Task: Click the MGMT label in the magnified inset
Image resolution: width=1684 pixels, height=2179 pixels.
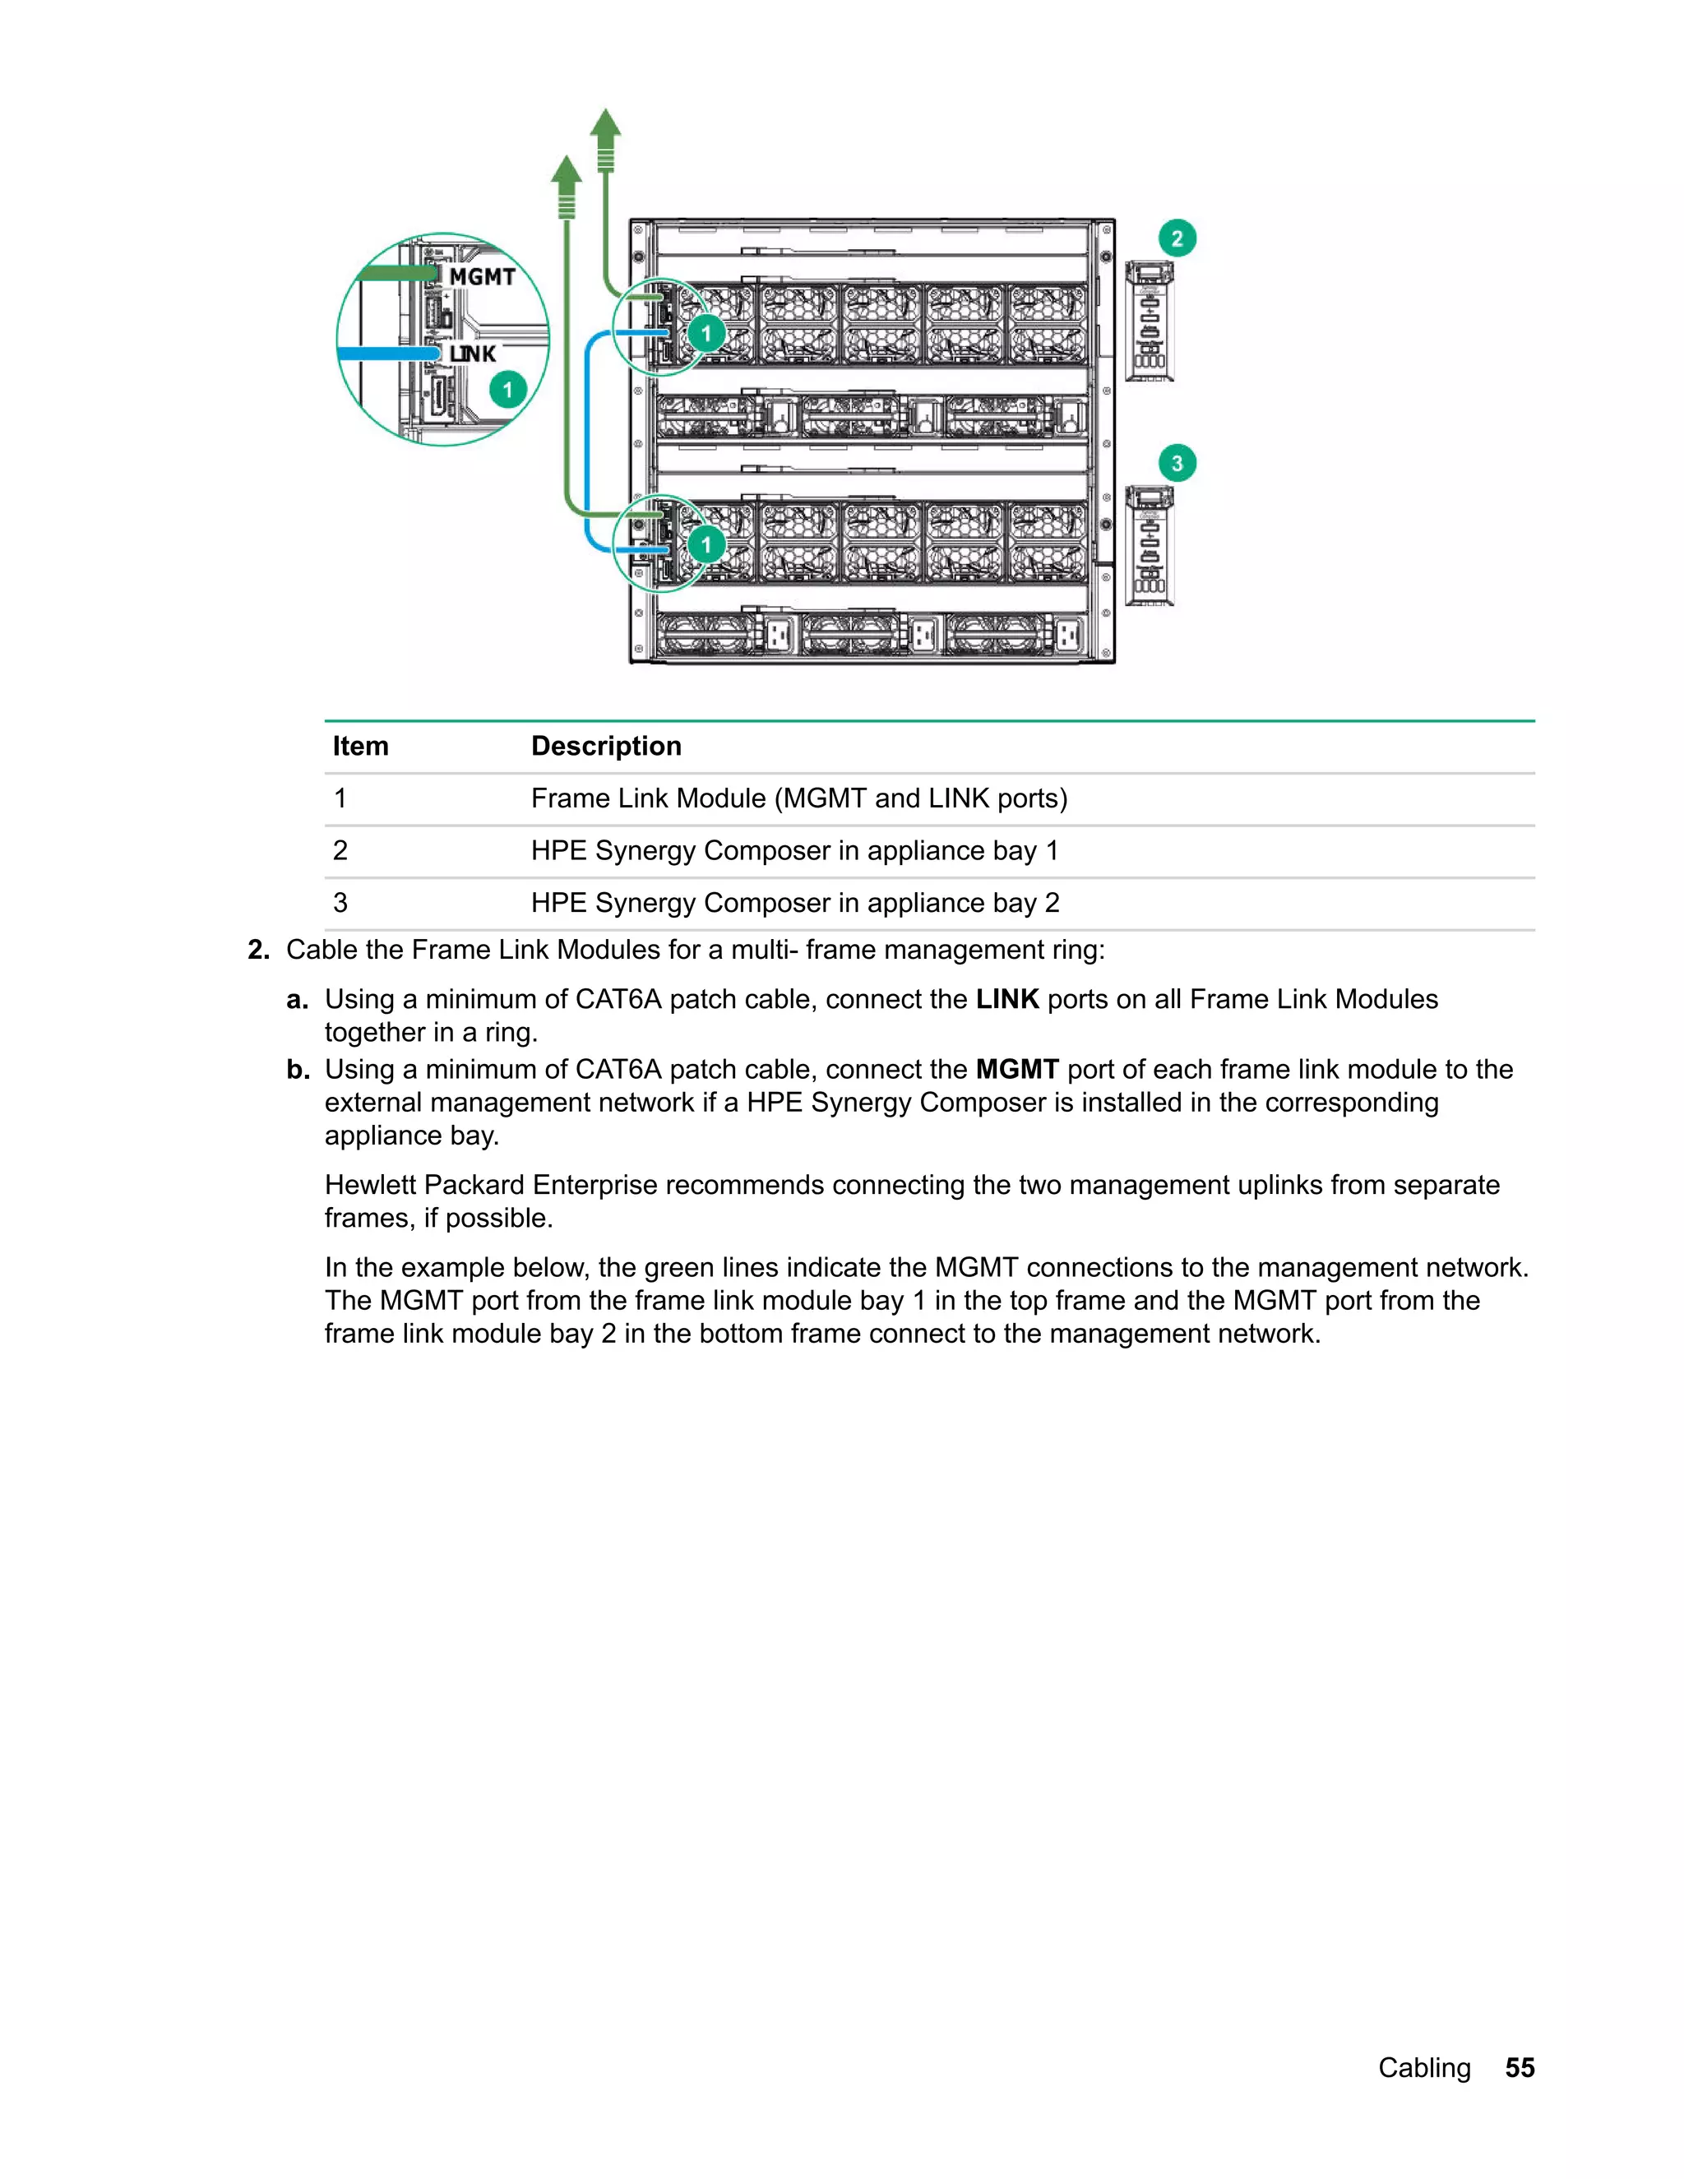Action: [x=482, y=276]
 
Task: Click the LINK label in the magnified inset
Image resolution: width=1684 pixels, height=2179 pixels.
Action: [x=472, y=354]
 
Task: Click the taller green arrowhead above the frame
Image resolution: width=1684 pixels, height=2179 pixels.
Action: [x=604, y=123]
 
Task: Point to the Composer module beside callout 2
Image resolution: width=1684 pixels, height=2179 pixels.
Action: [x=1150, y=322]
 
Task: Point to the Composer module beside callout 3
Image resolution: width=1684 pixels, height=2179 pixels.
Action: [x=1150, y=546]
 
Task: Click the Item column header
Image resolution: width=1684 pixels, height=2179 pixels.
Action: [x=360, y=747]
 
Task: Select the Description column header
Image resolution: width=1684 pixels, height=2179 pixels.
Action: [x=605, y=747]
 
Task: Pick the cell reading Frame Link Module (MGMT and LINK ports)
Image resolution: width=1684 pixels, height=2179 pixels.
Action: [x=798, y=798]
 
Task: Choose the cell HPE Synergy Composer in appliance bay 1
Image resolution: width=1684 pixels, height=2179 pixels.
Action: [x=794, y=851]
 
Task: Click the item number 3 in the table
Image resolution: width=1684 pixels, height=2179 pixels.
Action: [x=340, y=903]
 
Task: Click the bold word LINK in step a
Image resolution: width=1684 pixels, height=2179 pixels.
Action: [x=1006, y=1000]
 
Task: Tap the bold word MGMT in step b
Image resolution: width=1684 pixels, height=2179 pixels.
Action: [x=1016, y=1070]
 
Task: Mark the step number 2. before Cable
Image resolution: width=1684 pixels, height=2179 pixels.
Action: [x=258, y=950]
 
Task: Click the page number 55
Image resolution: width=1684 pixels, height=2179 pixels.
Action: [x=1520, y=2068]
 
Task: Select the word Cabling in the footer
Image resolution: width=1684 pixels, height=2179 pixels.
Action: [x=1423, y=2068]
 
